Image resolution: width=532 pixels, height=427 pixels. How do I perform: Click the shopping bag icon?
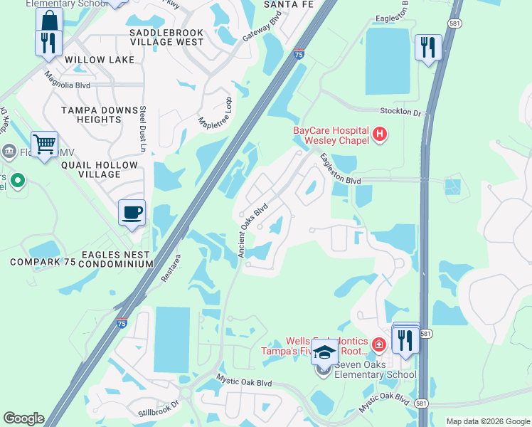(48, 20)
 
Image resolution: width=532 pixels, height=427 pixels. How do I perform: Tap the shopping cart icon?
(44, 144)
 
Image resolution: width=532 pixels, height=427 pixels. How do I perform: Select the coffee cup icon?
(132, 211)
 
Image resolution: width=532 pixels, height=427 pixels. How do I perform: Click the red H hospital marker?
(380, 133)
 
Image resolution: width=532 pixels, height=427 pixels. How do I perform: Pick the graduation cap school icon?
(324, 353)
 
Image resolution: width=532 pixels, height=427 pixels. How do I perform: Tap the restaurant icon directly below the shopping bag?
(48, 43)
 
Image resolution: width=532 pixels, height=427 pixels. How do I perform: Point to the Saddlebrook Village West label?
(166, 38)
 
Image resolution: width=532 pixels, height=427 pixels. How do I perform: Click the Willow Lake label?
(100, 60)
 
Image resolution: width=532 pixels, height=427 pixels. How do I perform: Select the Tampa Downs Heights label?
(100, 115)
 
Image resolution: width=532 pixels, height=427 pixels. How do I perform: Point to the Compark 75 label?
(43, 263)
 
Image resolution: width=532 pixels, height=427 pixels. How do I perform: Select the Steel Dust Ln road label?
(142, 129)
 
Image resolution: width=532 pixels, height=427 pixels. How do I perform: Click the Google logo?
(23, 418)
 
